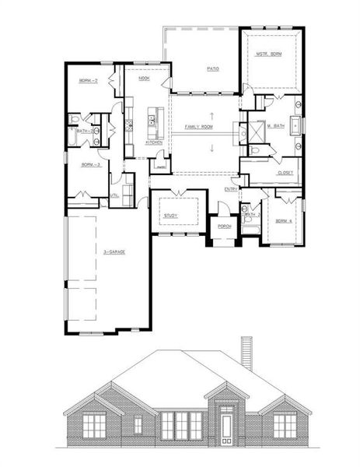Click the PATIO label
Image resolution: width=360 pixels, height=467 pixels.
212,68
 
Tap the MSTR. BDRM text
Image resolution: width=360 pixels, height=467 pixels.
269,54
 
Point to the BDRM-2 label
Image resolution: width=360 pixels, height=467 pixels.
87,80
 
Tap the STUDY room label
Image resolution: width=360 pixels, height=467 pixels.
171,215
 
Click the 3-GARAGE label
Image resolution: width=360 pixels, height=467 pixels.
115,252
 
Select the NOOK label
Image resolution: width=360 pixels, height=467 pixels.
144,79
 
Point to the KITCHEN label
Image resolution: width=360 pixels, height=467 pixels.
155,142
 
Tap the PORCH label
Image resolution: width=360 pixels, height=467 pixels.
224,227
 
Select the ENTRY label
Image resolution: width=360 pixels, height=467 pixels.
231,189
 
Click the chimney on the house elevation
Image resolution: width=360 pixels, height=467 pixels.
246,354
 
